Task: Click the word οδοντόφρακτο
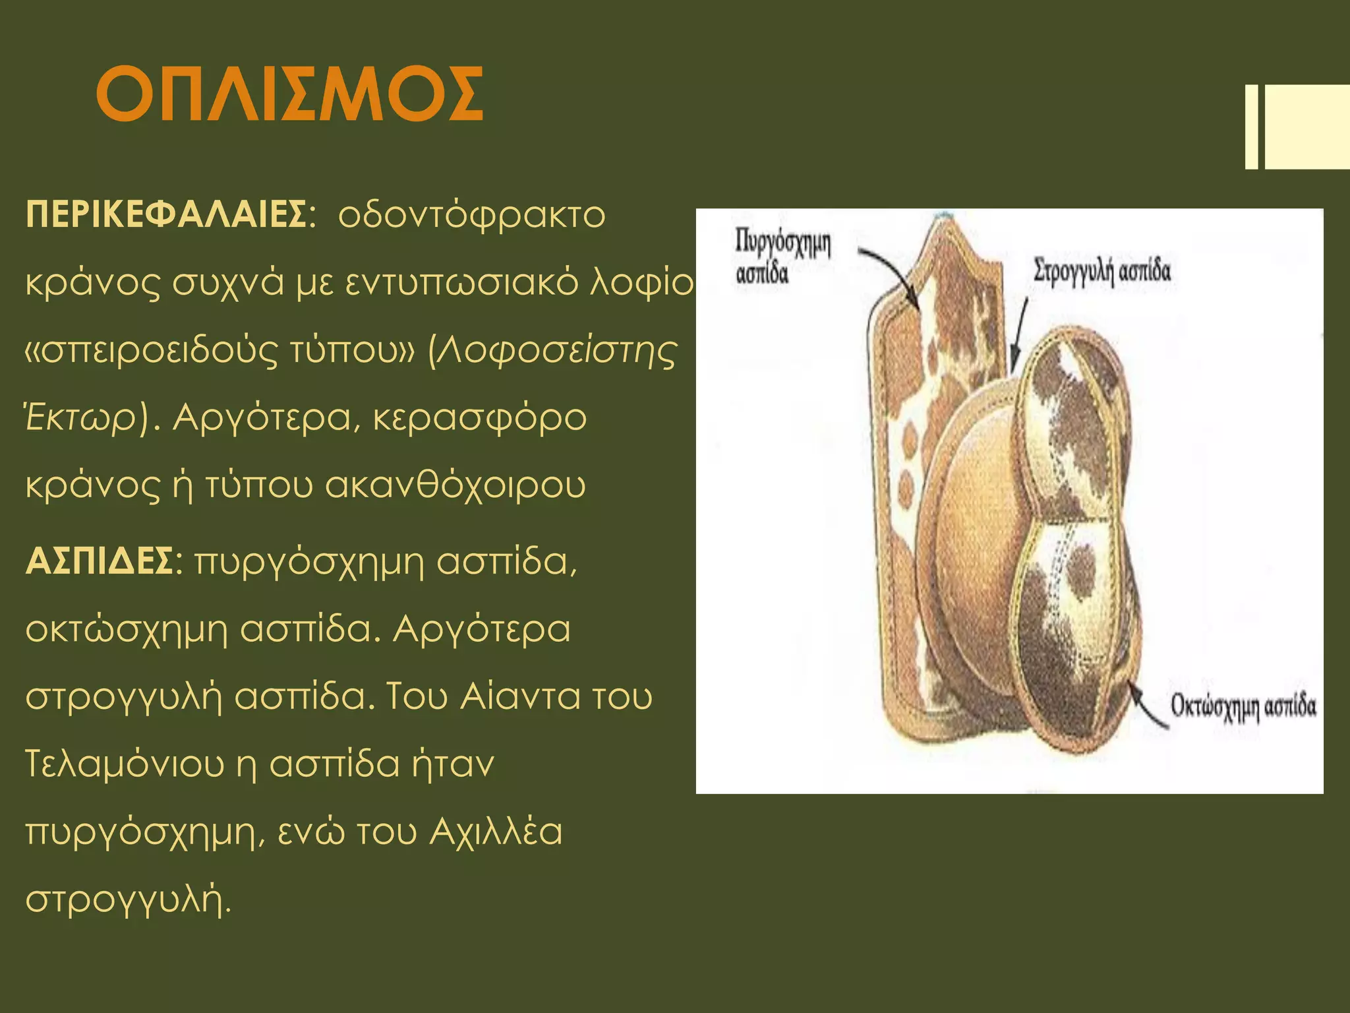coord(471,214)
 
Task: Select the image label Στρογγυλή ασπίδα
coord(1102,270)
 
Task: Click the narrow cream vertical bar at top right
coord(1251,127)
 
